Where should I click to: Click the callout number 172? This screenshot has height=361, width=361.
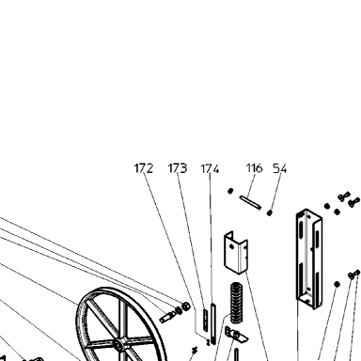(144, 168)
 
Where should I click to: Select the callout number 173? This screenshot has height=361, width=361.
(178, 168)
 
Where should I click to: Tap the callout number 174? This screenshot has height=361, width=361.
(210, 169)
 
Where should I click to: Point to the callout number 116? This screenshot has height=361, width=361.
(254, 168)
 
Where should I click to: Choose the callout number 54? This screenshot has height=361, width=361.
(280, 168)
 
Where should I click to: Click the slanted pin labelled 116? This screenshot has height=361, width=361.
(250, 202)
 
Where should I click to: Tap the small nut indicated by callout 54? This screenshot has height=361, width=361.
(269, 212)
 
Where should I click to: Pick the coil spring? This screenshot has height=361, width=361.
(237, 303)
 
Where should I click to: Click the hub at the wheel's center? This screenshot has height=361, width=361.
(119, 344)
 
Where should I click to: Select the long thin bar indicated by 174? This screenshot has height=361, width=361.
(213, 323)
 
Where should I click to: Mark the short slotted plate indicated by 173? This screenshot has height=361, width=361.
(205, 320)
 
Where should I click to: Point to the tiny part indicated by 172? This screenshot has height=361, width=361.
(208, 342)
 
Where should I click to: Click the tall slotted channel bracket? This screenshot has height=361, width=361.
(309, 259)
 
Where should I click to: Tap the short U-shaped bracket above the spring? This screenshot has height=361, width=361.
(236, 253)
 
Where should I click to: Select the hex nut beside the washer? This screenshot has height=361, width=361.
(185, 306)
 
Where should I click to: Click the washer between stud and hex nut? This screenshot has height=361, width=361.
(179, 310)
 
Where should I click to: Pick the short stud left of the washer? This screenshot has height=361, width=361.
(167, 317)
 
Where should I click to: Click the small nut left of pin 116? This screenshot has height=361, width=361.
(230, 191)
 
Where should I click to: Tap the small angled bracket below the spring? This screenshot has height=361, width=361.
(236, 335)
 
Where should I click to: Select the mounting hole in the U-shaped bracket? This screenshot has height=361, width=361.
(231, 246)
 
